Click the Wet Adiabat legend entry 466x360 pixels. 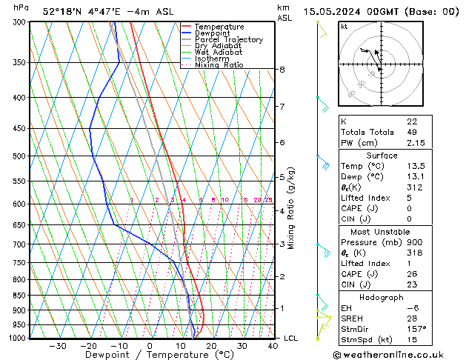tap(218, 53)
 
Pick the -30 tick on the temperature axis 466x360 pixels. tap(57, 346)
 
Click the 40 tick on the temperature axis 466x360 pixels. tap(273, 346)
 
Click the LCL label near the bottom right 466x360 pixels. tap(291, 339)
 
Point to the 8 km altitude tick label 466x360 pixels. tap(282, 70)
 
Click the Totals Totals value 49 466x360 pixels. tap(412, 132)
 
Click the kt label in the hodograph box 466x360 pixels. tap(344, 26)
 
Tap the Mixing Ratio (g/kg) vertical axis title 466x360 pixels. tap(291, 208)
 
